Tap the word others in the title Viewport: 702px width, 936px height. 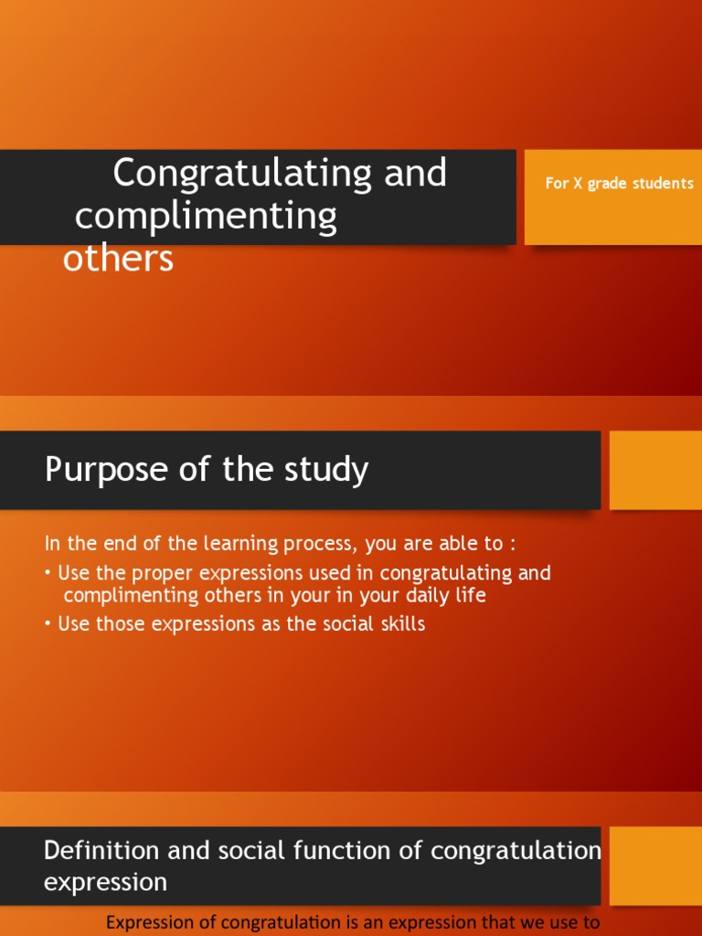118,259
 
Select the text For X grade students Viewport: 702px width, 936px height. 619,184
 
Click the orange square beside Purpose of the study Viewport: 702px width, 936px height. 655,470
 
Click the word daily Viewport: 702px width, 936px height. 424,595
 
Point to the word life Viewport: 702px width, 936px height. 472,595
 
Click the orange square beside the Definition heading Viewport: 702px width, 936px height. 655,864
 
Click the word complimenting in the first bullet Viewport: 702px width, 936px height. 125,595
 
